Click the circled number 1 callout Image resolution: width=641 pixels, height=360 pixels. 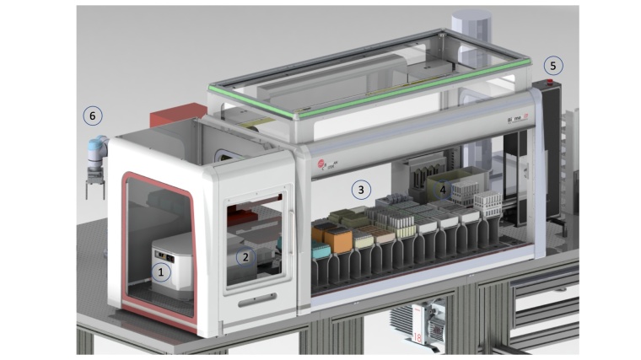point(160,271)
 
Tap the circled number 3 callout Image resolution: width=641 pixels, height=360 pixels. point(361,190)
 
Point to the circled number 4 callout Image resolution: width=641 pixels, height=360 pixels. point(444,190)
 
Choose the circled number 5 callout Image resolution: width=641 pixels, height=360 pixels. point(553,65)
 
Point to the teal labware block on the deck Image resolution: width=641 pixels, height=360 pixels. point(320,250)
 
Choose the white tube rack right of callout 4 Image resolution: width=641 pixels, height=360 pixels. point(488,202)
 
